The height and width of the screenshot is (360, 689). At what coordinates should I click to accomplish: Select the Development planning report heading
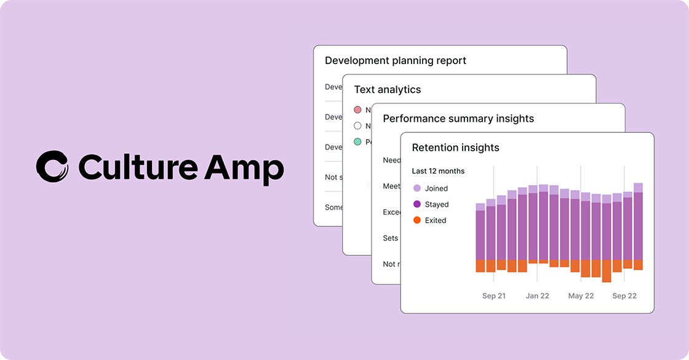[396, 60]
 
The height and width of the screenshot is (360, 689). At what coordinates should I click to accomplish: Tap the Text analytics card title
[388, 89]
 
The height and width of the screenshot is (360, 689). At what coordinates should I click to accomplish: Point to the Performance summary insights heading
[458, 118]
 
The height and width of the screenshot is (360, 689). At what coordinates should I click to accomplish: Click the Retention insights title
[455, 147]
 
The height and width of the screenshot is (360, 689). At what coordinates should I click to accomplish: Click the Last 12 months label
[438, 171]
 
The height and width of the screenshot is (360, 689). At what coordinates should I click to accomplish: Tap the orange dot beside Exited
[417, 220]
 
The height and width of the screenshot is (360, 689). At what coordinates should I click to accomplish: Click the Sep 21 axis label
[493, 296]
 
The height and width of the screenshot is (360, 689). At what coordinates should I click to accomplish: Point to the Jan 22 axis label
[537, 296]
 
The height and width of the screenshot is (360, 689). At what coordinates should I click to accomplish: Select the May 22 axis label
[581, 296]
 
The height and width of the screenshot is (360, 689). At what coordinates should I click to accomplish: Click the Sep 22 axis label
[624, 296]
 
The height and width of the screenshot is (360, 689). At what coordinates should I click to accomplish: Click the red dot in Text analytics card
[357, 110]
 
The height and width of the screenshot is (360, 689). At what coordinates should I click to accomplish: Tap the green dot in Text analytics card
[357, 142]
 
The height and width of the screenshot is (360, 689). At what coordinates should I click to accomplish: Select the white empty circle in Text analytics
[357, 126]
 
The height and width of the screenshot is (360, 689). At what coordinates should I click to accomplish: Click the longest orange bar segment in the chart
[607, 271]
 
